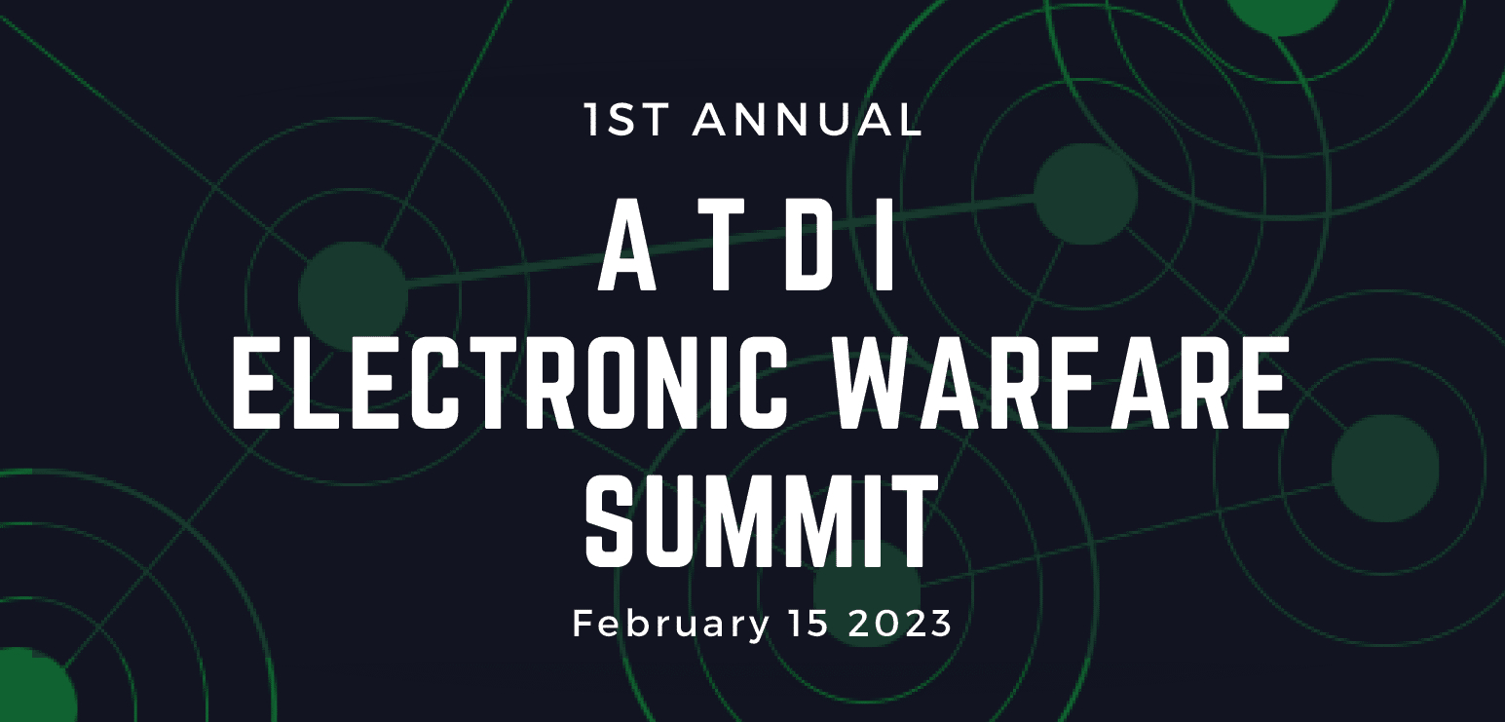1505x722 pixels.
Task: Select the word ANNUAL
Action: (808, 119)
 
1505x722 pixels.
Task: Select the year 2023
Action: (899, 624)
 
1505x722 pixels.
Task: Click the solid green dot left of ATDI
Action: (352, 294)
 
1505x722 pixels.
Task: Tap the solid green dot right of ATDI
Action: (1085, 194)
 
